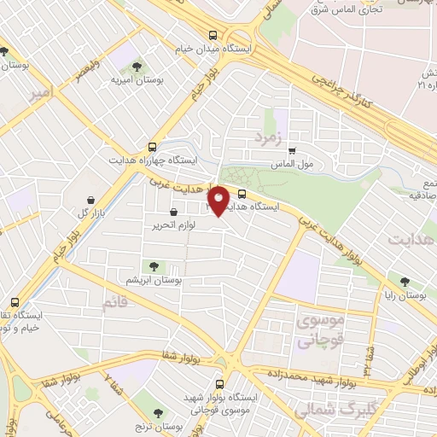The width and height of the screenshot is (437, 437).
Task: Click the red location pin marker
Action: click(219, 201)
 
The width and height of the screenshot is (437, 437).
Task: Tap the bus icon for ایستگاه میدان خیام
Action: click(213, 35)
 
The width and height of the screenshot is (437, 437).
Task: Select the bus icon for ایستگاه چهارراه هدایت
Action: click(152, 146)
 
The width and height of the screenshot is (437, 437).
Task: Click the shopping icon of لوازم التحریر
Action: click(174, 212)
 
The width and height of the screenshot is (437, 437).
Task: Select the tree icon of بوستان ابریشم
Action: click(154, 266)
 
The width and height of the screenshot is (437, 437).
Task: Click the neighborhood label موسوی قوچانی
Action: click(320, 331)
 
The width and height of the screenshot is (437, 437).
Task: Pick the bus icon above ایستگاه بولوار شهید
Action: click(219, 384)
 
